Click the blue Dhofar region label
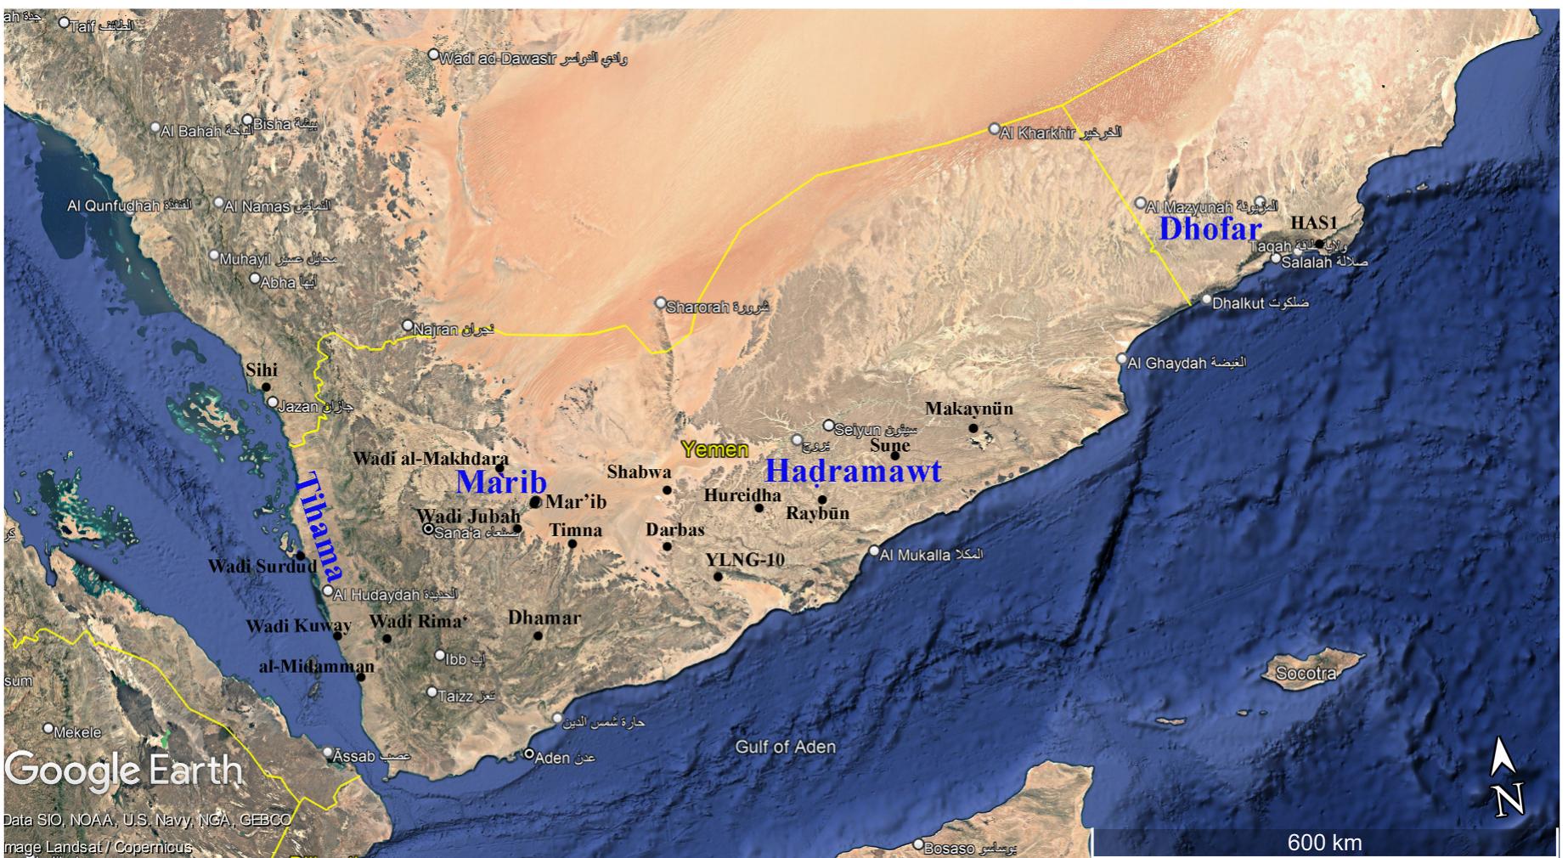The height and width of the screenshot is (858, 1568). (1210, 229)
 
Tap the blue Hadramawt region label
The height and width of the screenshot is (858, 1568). (853, 471)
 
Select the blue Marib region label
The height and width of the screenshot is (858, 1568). (501, 483)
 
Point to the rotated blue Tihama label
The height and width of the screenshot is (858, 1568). (319, 526)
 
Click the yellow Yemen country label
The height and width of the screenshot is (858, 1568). (714, 449)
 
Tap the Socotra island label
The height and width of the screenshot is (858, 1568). (1306, 674)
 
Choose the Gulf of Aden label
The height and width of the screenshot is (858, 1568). (785, 747)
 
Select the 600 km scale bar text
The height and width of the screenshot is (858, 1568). (1324, 843)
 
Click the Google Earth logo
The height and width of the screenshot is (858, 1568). (124, 771)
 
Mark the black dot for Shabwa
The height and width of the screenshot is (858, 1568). (668, 490)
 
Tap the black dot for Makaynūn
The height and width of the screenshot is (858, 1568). (973, 428)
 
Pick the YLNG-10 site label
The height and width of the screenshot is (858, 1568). (744, 559)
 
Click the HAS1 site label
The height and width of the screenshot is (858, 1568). (1314, 223)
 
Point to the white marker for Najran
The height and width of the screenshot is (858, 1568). (408, 325)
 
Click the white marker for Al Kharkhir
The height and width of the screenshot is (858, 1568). (995, 129)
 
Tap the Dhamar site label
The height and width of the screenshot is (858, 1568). (544, 618)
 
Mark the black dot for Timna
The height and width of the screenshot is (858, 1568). (572, 544)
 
